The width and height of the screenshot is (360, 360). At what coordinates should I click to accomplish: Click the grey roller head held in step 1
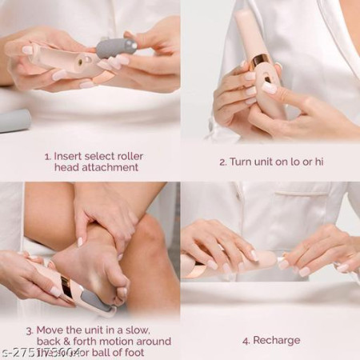click(x=115, y=50)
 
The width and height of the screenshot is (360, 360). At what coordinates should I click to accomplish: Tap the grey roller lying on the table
click(x=14, y=120)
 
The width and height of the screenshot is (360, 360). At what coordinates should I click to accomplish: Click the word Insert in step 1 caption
click(x=69, y=155)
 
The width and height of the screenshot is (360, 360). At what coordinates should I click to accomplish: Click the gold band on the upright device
click(x=261, y=62)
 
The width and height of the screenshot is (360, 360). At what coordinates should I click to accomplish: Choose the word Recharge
click(x=278, y=340)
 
